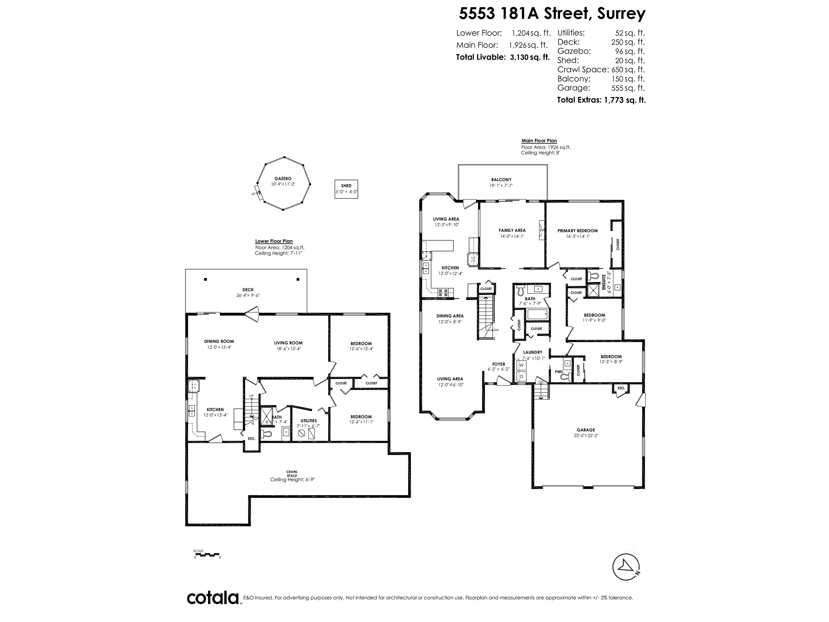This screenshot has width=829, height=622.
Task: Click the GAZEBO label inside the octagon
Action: click(283, 178)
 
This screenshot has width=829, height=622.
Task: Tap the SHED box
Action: click(346, 189)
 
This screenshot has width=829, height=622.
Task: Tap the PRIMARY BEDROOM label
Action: click(577, 231)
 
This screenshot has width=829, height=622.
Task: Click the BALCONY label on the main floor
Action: click(501, 180)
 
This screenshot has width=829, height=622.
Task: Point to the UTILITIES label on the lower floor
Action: click(308, 421)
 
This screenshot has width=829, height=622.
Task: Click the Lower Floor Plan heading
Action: click(274, 241)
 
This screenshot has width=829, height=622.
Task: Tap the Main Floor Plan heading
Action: click(539, 141)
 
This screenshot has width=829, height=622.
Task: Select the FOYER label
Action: click(498, 364)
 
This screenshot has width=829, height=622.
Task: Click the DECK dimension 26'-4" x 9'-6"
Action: click(248, 295)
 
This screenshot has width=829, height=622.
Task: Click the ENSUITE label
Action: click(603, 282)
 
